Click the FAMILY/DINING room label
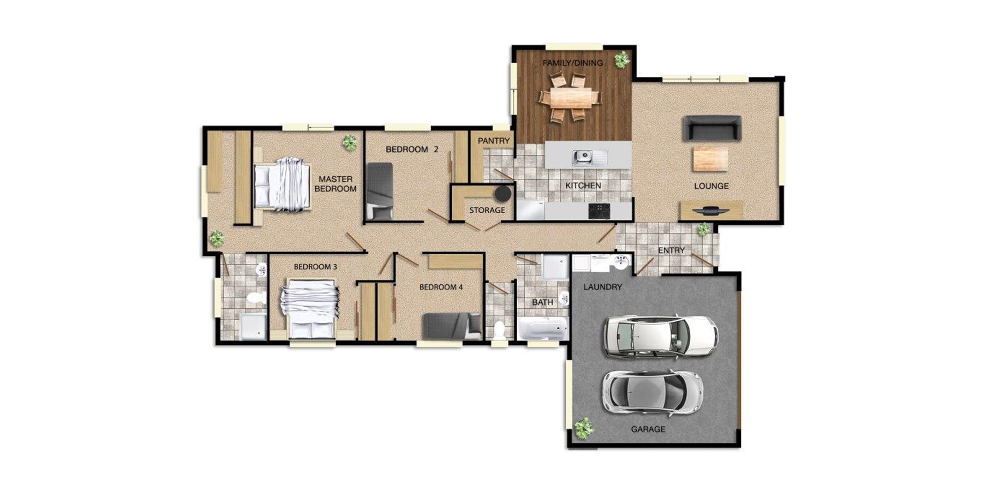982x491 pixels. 572,63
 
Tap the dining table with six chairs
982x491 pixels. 571,99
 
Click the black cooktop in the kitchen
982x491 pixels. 599,211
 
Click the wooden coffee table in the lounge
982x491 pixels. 710,160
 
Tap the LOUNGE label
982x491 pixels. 711,186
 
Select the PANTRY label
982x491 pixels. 493,141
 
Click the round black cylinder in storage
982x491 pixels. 502,194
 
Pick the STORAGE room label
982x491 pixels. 487,210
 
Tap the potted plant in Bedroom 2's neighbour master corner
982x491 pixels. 350,143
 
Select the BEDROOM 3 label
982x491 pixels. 315,267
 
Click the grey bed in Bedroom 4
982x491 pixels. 452,326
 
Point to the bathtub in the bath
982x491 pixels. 542,328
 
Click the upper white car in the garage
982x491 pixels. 660,336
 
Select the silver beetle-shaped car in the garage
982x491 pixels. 651,392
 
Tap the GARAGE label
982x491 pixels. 648,429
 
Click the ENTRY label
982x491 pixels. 670,250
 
